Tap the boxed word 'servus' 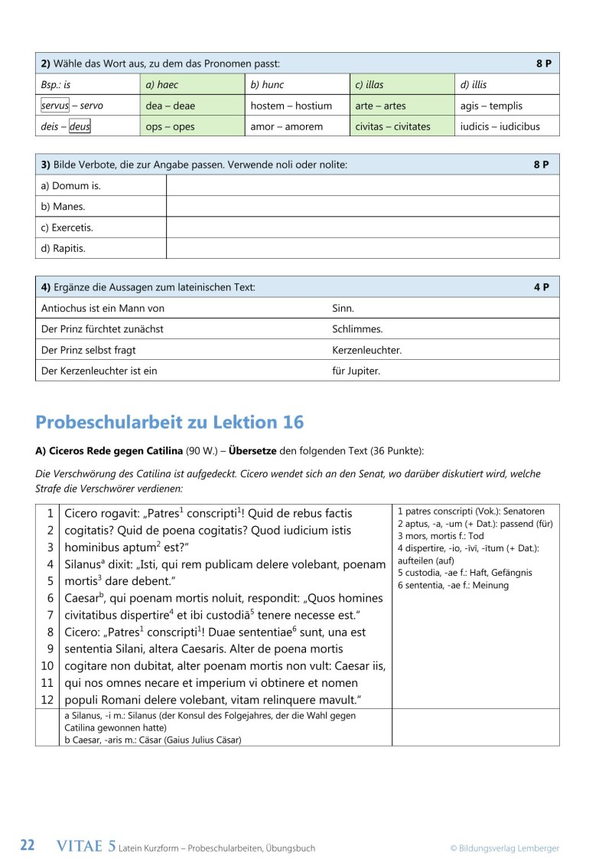55,106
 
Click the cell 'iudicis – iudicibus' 500,126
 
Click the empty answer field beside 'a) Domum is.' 363,185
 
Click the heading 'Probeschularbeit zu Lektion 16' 170,422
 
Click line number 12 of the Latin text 47,700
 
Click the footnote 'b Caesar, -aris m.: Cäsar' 153,740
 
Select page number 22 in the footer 28,846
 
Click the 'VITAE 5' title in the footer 86,846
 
